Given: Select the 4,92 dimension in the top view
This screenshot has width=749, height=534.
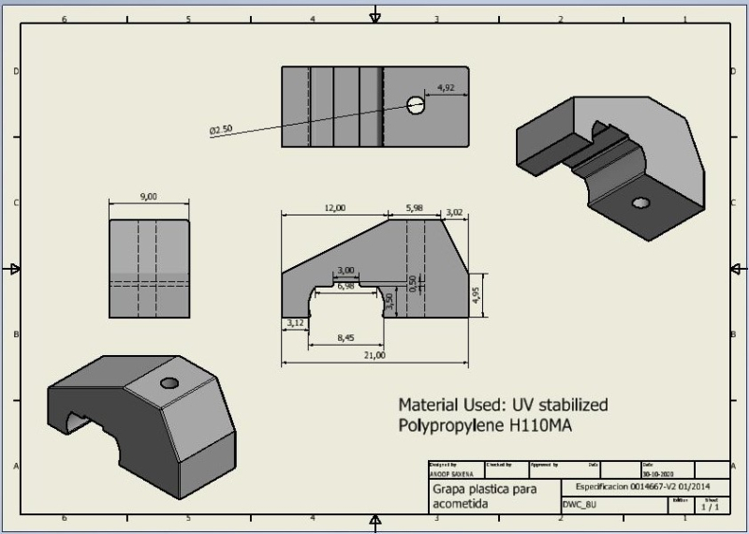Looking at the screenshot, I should coord(446,88).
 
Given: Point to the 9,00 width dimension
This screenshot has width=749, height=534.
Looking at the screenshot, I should coord(148,197).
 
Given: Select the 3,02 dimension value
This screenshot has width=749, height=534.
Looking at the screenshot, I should coord(454,213).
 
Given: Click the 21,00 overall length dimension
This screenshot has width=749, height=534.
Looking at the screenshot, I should coord(374,355).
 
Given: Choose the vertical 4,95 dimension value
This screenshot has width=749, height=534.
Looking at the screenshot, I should coord(477,295).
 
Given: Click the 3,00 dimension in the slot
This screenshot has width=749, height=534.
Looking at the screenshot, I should coord(345,270).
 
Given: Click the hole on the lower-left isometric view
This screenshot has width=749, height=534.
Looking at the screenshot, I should coord(169,383).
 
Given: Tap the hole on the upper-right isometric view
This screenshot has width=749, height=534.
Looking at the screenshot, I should coord(640,202).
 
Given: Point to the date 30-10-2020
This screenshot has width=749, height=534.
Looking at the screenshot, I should coord(658,474).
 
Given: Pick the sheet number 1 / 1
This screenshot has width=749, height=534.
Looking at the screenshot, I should coord(711,507).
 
